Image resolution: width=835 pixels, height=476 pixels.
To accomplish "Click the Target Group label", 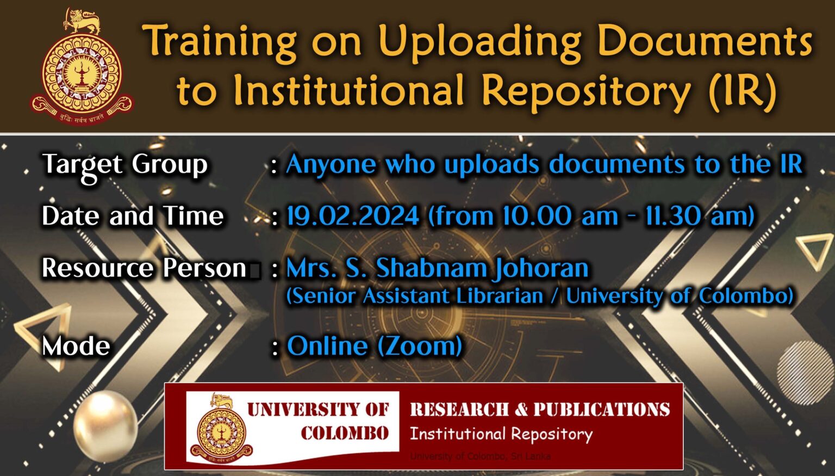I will point(124,165).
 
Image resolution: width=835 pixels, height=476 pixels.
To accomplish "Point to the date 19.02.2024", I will point(353,216).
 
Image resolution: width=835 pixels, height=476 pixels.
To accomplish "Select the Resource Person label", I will point(145,268).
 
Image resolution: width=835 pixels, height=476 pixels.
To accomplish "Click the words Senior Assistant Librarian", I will point(415,296).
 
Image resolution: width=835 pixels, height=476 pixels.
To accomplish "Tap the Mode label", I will point(76,346).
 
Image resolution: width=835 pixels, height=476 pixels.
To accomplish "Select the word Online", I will point(327,346).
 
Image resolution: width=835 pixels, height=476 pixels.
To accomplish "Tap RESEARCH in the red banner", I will point(459,410).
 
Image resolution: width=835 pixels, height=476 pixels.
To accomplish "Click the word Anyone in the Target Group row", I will point(331,164).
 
